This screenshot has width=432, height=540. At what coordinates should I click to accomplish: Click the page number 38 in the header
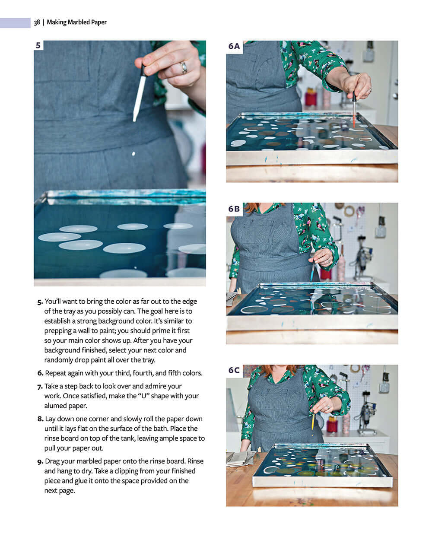[37, 22]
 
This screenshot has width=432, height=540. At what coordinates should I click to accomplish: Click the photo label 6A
[234, 46]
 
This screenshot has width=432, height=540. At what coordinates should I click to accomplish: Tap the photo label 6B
[234, 209]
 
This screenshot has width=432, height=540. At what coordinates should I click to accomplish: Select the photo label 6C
[234, 370]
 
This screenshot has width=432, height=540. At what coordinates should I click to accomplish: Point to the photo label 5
[38, 45]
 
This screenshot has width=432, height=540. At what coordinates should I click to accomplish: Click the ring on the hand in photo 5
[184, 67]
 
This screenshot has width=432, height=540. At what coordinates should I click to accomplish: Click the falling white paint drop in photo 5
[133, 154]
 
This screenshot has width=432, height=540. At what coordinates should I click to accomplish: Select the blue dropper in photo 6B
[312, 270]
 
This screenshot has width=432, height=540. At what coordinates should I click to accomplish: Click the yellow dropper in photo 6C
[312, 421]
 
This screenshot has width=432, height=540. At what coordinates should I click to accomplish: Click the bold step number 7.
[40, 386]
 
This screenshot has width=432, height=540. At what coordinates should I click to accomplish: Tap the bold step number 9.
[40, 461]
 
